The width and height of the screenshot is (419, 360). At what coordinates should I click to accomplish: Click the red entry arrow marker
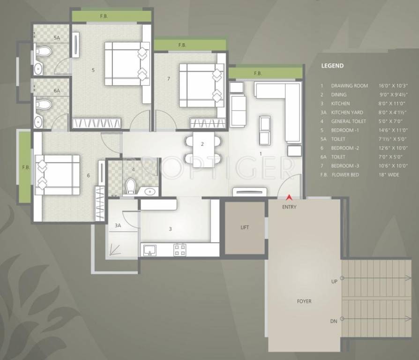(x=289, y=198)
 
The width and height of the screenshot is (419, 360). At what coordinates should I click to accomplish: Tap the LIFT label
(x=245, y=227)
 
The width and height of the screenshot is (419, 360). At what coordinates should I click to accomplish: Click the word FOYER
(x=304, y=301)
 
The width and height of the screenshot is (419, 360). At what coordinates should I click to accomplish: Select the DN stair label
(x=333, y=321)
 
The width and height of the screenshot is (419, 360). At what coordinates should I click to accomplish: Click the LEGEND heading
(x=332, y=66)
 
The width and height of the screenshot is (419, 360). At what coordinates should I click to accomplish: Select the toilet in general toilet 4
(x=132, y=186)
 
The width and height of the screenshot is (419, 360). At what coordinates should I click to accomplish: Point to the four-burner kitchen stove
(x=180, y=249)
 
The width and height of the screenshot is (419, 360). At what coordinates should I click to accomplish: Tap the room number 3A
(x=118, y=225)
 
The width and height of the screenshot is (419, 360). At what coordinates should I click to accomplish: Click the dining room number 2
(x=202, y=144)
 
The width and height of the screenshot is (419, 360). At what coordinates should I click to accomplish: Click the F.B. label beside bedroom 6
(x=25, y=167)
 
